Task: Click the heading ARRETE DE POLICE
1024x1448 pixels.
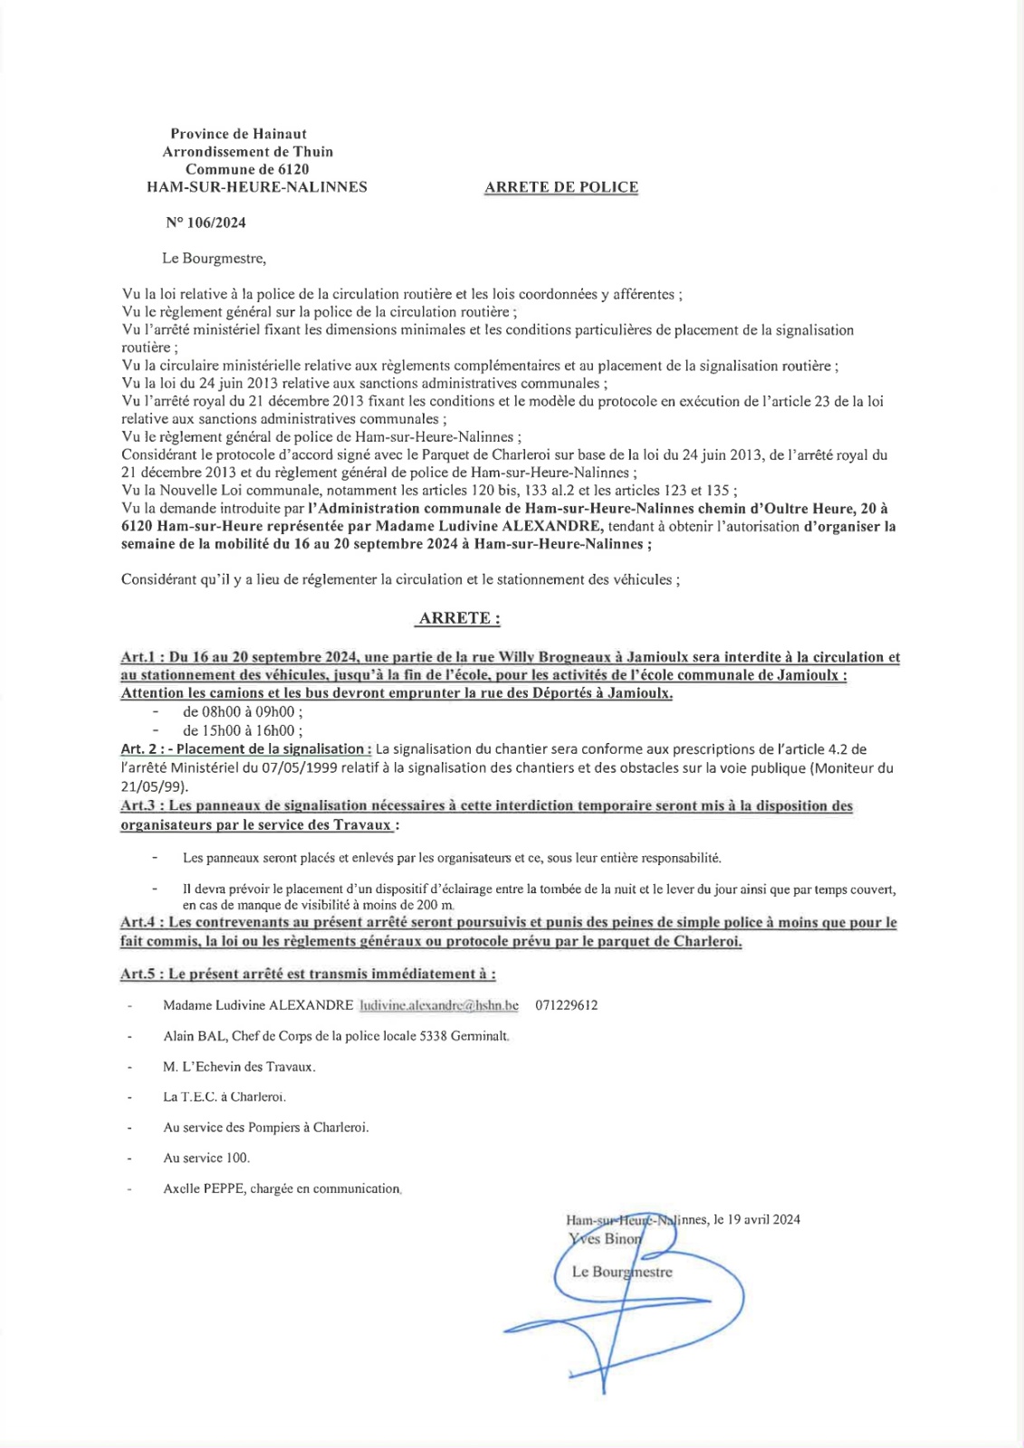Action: [561, 187]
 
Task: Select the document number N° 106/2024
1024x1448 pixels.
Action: [206, 223]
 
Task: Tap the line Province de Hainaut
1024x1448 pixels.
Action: [239, 134]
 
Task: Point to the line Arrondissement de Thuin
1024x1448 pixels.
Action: [247, 151]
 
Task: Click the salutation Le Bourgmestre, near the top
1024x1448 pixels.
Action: [214, 258]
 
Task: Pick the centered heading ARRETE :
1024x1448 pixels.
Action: [459, 618]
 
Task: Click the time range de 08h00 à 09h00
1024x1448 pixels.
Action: [242, 712]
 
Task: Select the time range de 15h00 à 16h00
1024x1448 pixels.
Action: [242, 730]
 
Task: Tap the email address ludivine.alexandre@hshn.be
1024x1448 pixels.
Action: [439, 1005]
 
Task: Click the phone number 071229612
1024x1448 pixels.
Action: [567, 1005]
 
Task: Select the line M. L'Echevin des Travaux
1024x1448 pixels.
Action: [239, 1067]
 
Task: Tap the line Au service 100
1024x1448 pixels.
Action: [206, 1157]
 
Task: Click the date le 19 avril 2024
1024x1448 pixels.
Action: [757, 1219]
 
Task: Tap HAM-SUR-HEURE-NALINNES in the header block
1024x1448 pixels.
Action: [257, 187]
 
